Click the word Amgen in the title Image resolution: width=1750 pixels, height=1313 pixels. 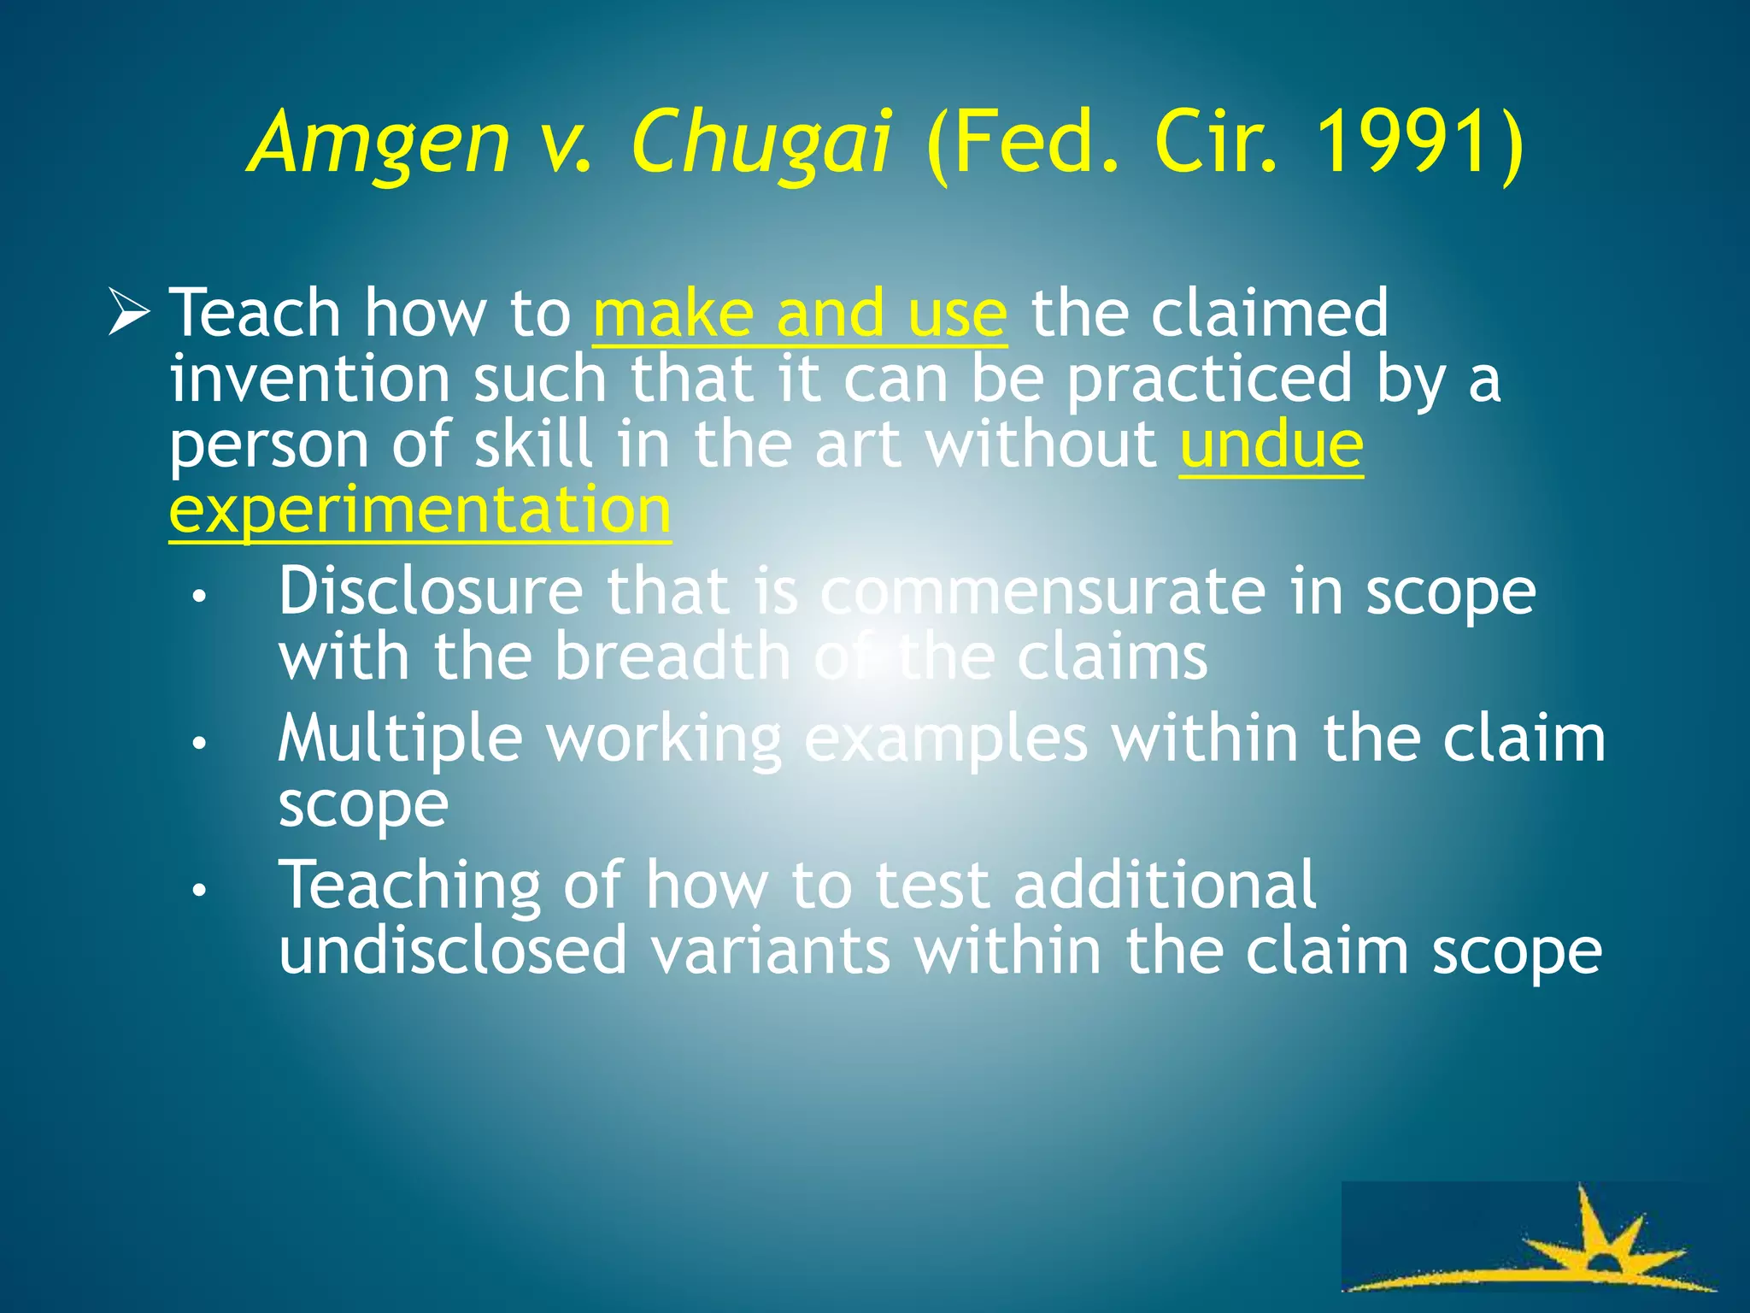379,144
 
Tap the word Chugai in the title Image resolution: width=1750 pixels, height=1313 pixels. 761,144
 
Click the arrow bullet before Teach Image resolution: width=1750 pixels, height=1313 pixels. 129,312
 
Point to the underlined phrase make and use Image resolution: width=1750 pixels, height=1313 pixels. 800,314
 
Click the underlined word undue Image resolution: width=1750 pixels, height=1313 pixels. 1271,445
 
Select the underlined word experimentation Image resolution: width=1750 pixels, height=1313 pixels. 420,510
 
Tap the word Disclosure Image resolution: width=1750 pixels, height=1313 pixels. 431,591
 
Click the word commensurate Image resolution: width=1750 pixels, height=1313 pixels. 1042,591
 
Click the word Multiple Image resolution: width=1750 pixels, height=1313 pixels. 400,739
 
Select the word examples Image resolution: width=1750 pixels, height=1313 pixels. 945,739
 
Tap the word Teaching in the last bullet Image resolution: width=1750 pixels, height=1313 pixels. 410,886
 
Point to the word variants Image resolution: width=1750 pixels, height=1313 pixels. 771,951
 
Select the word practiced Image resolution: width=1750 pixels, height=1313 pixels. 1208,379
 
